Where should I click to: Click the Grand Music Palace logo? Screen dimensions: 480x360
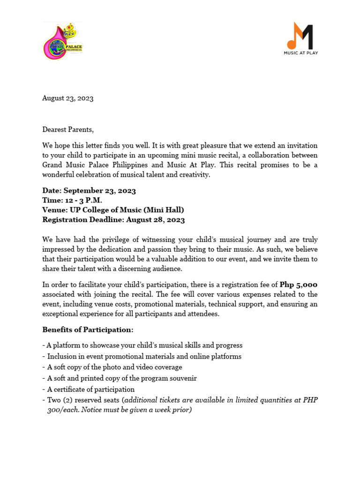tap(63, 41)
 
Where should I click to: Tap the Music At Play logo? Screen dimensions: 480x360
tap(300, 38)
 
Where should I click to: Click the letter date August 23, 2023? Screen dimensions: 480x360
tap(67, 98)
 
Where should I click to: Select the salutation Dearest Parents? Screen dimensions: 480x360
tap(68, 129)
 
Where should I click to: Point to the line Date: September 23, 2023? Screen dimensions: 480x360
tap(89, 190)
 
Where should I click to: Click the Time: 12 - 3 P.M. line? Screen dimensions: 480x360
tap(72, 200)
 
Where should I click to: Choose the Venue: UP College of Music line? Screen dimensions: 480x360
tap(113, 210)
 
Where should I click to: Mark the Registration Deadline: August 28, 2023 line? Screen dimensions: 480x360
tap(113, 220)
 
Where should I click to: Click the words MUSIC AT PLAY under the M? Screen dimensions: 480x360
tap(300, 53)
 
